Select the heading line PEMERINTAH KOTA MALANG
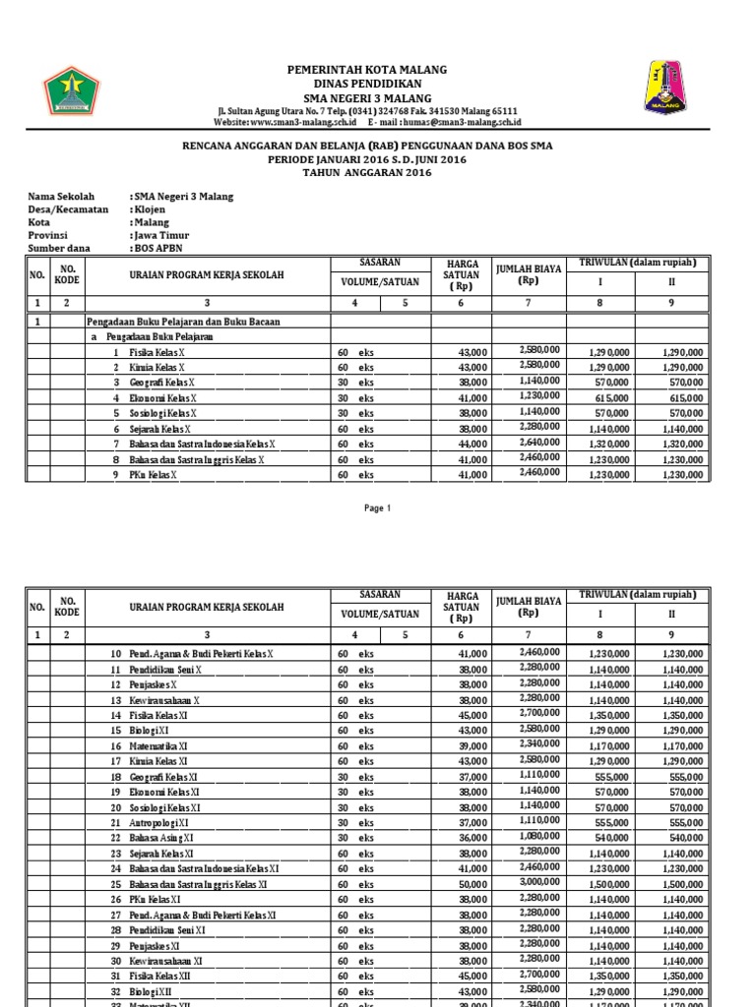[366, 71]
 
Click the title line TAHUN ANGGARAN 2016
[366, 172]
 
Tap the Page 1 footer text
[378, 508]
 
